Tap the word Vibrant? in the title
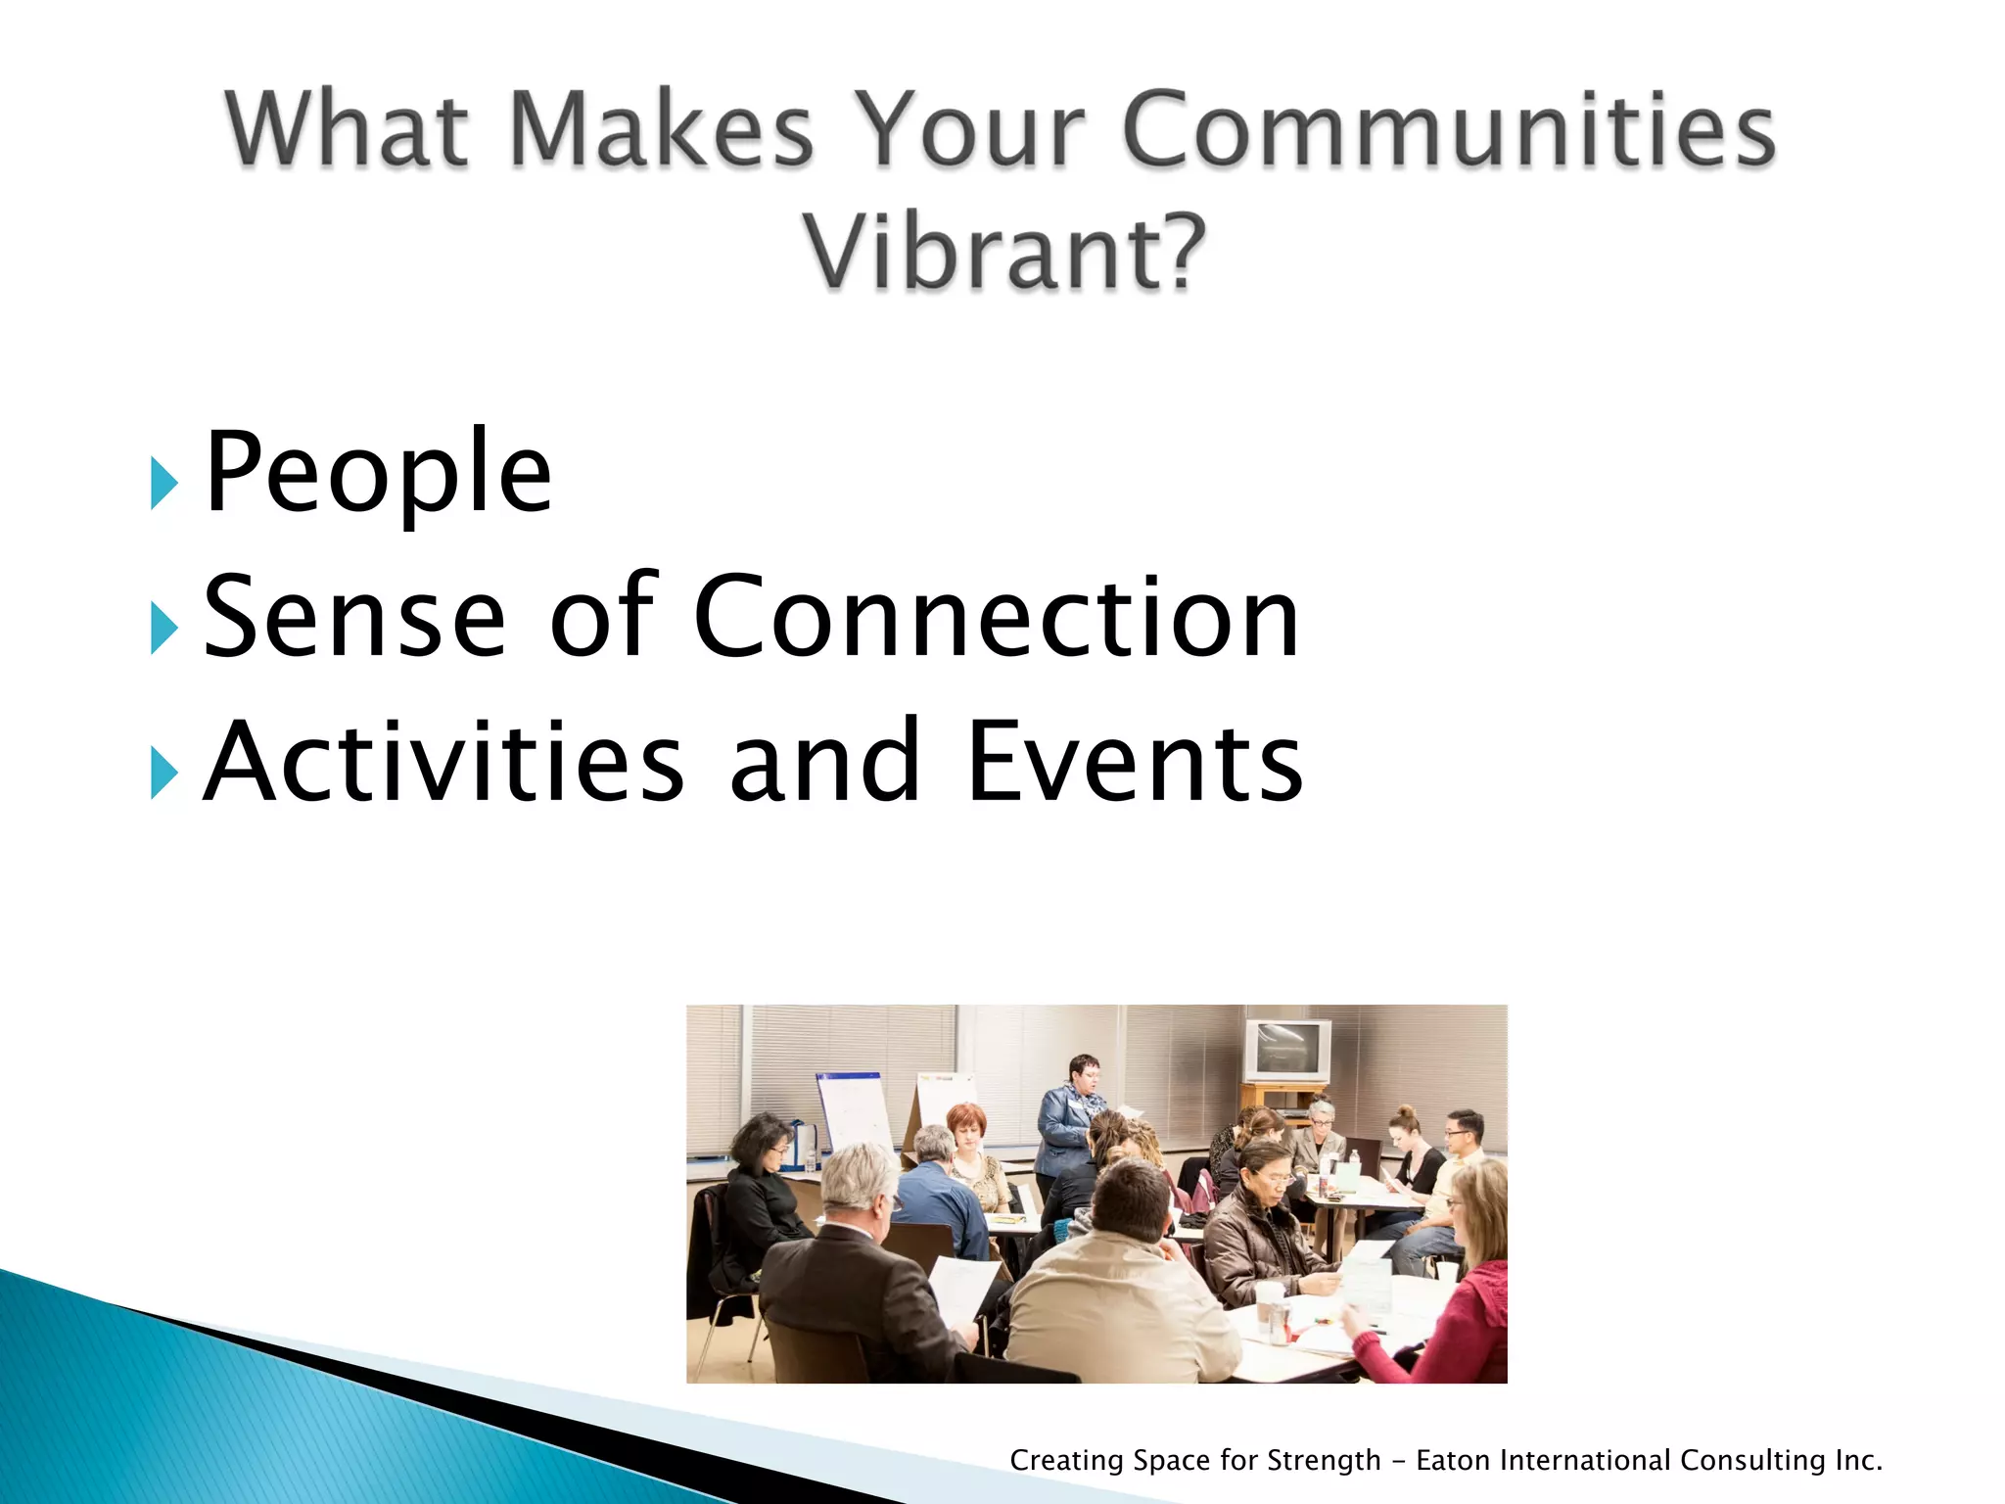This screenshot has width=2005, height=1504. (x=1005, y=253)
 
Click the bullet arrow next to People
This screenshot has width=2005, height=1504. (x=163, y=483)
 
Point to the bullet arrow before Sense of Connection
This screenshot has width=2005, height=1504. (x=163, y=628)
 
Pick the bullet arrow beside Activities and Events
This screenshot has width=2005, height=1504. (x=163, y=773)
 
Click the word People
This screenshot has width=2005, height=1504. (x=378, y=475)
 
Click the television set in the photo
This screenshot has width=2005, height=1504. (x=1287, y=1051)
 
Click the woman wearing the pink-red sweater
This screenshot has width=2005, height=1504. (x=1459, y=1292)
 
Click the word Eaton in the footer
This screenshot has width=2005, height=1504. (x=1455, y=1461)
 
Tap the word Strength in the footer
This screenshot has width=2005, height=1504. (x=1324, y=1461)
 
